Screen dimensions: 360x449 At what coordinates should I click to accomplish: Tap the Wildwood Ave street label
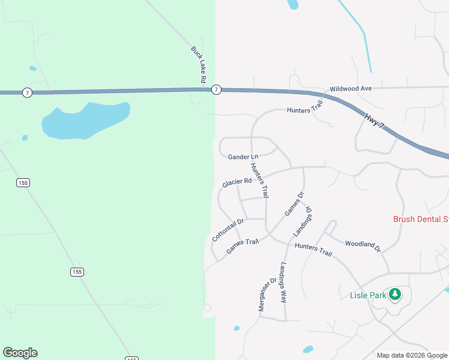(351, 88)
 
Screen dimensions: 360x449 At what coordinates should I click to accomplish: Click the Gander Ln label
(243, 157)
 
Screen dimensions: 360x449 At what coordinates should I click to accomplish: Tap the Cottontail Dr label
(228, 230)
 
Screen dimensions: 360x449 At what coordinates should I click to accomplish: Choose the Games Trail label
(243, 246)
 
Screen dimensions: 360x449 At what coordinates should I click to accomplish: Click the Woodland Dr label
(363, 245)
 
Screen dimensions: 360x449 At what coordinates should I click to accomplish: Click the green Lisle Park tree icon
(394, 294)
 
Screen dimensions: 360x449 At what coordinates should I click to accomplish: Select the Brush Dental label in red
(420, 219)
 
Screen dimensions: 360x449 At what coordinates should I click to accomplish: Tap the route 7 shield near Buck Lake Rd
(217, 89)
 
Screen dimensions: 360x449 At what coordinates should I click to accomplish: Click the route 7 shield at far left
(27, 92)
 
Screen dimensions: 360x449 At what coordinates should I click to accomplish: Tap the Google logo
(20, 353)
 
